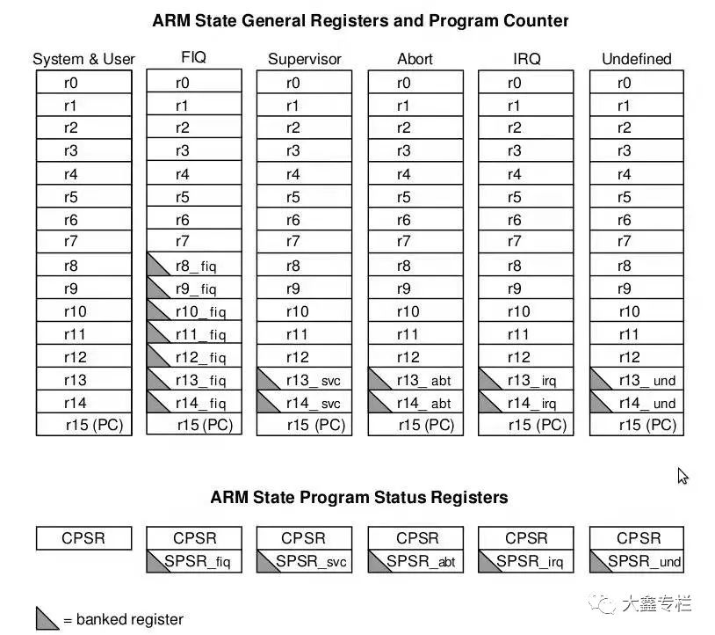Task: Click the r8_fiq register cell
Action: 194,266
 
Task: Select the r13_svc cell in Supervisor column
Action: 304,380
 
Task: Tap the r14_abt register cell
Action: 415,403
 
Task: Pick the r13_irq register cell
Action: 525,380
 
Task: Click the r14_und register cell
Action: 636,403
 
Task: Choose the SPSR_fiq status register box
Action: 194,561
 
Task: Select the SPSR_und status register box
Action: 636,561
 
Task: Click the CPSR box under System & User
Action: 83,538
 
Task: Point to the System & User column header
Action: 83,59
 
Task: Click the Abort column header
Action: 415,59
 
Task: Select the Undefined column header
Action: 636,59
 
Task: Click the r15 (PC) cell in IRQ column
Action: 525,425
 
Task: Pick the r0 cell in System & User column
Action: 83,83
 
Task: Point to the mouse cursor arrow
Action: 682,475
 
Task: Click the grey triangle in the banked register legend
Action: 46,618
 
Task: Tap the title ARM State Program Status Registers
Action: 358,497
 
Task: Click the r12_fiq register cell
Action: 194,357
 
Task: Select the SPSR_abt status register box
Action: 415,561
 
